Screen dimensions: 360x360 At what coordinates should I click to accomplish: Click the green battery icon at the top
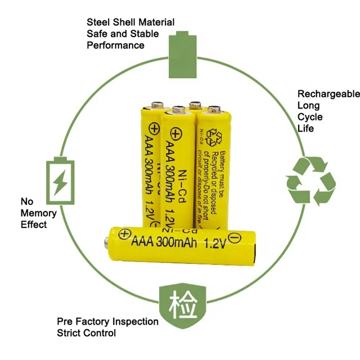pyautogui.click(x=181, y=55)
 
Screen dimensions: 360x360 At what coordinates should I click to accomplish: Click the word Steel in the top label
pyautogui.click(x=98, y=22)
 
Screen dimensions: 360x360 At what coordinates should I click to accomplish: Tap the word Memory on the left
pyautogui.click(x=39, y=213)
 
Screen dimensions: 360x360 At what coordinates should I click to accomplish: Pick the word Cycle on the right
pyautogui.click(x=310, y=117)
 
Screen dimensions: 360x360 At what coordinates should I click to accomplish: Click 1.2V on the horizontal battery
pyautogui.click(x=212, y=244)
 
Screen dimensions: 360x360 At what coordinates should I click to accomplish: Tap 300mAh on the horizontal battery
pyautogui.click(x=175, y=244)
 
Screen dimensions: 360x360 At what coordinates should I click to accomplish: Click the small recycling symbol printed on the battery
pyautogui.click(x=215, y=137)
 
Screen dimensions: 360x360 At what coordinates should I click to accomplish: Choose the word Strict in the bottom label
pyautogui.click(x=70, y=333)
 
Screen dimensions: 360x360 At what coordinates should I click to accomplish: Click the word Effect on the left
pyautogui.click(x=34, y=224)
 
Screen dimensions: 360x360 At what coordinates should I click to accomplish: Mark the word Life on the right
pyautogui.click(x=305, y=128)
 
